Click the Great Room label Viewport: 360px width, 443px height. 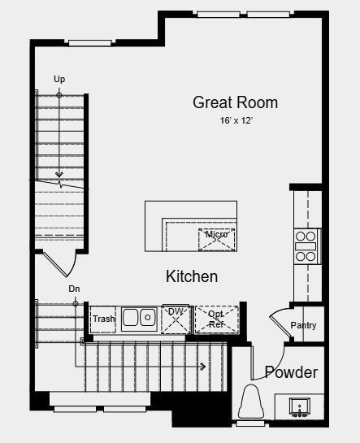(235, 102)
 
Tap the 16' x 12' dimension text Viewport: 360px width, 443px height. (235, 120)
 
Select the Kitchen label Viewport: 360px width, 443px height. (192, 276)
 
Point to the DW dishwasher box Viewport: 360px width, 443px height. (175, 318)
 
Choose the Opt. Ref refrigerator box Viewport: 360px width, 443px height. (217, 319)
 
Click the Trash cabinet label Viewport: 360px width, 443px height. (103, 319)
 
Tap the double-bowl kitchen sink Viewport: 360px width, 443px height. (139, 317)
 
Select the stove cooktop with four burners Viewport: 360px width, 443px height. (306, 245)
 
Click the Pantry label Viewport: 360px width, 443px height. (304, 326)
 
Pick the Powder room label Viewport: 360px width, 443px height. (290, 372)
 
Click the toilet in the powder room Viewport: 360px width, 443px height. (251, 402)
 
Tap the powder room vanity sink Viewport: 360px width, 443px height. (299, 405)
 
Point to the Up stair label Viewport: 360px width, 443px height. (59, 79)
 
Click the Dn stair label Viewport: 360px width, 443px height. (74, 289)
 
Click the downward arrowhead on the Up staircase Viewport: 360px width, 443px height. (59, 174)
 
